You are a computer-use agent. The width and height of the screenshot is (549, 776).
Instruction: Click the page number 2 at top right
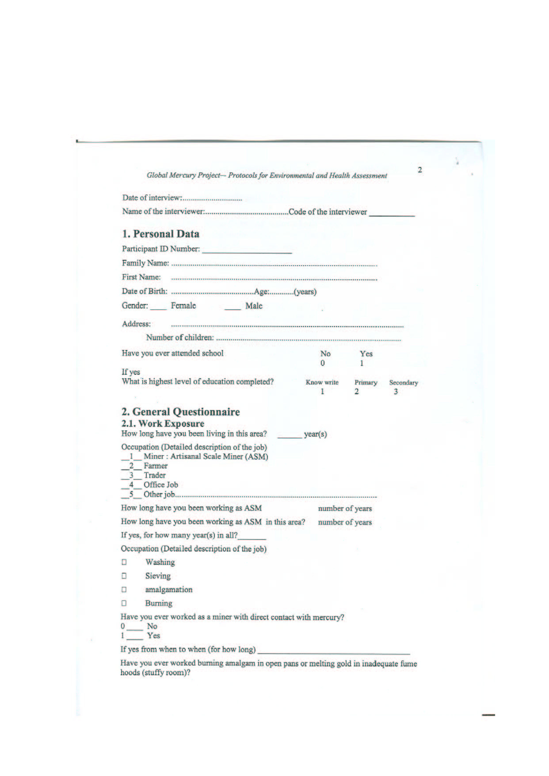(x=419, y=170)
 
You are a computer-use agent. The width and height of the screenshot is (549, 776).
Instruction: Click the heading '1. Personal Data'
(x=160, y=234)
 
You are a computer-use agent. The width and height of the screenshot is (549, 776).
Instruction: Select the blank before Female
(x=159, y=308)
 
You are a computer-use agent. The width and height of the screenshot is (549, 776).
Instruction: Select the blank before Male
(x=233, y=308)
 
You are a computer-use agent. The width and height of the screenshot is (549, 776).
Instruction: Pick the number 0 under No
(x=323, y=363)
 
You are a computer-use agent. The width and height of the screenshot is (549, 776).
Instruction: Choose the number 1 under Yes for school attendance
(x=362, y=363)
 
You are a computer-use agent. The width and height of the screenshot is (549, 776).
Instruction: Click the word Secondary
(x=403, y=383)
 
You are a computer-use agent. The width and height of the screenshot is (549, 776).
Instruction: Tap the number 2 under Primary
(x=357, y=392)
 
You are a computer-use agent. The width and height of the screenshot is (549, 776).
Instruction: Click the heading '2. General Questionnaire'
(x=180, y=412)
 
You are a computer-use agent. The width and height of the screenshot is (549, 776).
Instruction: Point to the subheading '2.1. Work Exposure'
(x=163, y=423)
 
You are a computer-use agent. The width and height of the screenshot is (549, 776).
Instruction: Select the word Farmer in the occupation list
(x=156, y=466)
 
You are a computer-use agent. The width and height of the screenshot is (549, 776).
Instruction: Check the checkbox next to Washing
(x=124, y=562)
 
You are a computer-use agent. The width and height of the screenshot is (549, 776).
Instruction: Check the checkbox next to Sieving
(x=124, y=576)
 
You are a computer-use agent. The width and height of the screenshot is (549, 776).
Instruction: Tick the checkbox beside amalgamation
(x=124, y=590)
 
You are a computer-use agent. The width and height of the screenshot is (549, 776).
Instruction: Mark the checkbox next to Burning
(x=124, y=603)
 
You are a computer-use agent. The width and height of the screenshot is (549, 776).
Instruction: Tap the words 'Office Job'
(x=160, y=485)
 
